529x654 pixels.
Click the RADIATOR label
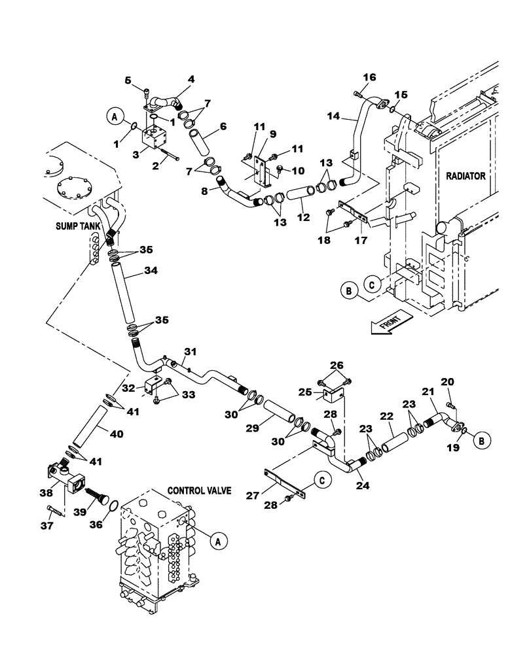pyautogui.click(x=466, y=175)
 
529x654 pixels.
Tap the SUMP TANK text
pyautogui.click(x=77, y=226)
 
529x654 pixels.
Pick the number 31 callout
pyautogui.click(x=189, y=353)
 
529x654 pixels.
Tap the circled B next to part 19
pyautogui.click(x=480, y=441)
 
